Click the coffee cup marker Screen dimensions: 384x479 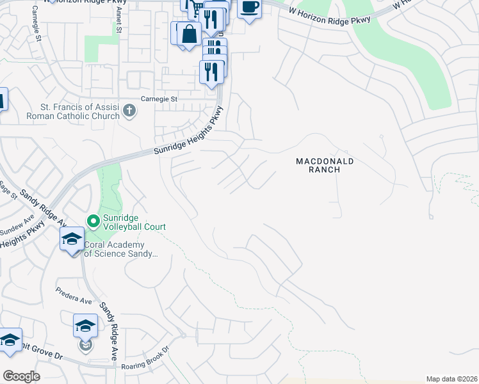coord(250,8)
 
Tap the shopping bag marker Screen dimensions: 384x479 coord(190,35)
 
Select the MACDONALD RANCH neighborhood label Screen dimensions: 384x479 coord(325,165)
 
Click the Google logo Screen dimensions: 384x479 coord(21,376)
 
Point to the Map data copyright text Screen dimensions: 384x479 coord(452,379)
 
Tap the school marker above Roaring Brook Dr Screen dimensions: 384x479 coord(85,326)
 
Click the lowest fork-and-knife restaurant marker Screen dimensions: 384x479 coord(212,71)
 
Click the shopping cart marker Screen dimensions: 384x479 coord(191,6)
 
